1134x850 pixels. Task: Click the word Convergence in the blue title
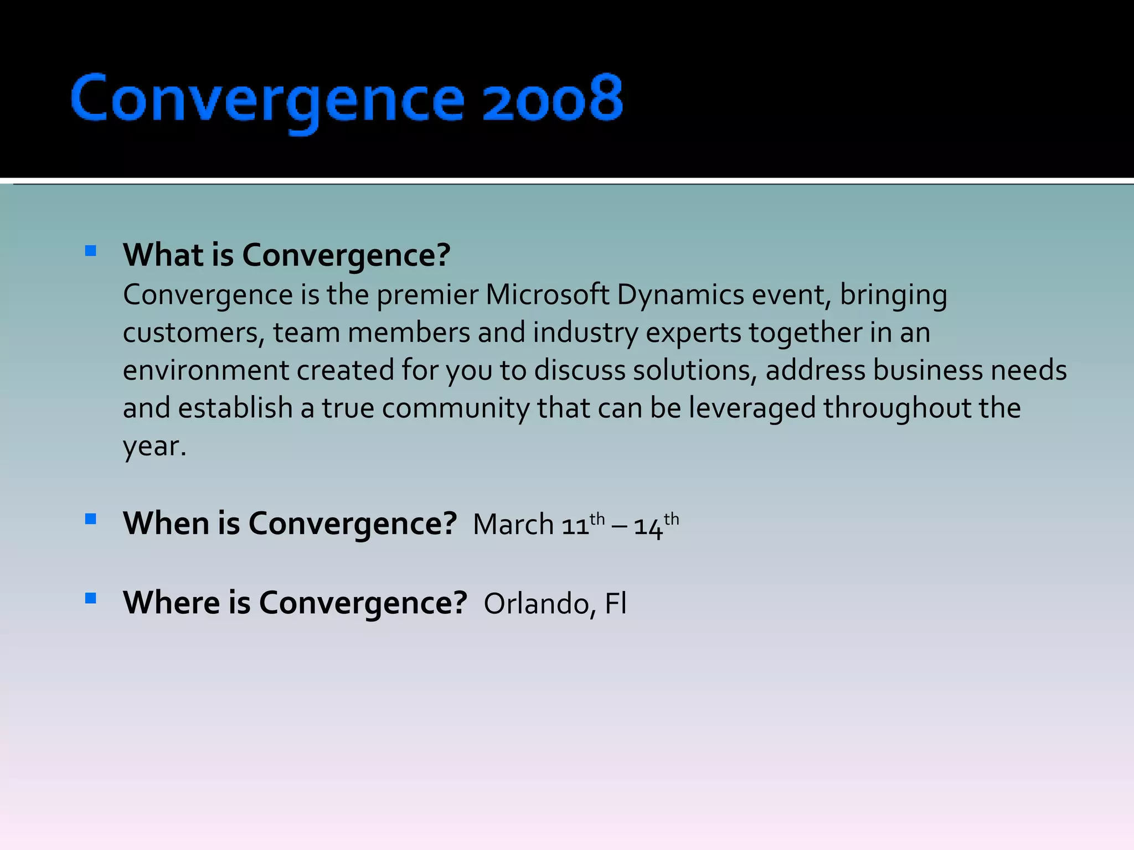pyautogui.click(x=267, y=100)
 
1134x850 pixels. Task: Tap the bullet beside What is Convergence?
pyautogui.click(x=91, y=251)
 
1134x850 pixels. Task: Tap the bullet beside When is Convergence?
pyautogui.click(x=91, y=519)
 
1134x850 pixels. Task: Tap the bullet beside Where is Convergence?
pyautogui.click(x=91, y=598)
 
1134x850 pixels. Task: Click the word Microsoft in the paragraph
pyautogui.click(x=547, y=294)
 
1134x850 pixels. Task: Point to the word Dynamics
pyautogui.click(x=680, y=294)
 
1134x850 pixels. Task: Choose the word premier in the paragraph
pyautogui.click(x=427, y=294)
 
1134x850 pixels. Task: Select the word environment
pyautogui.click(x=205, y=370)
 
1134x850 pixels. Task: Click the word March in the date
pyautogui.click(x=513, y=524)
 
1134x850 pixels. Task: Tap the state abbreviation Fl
pyautogui.click(x=615, y=604)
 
